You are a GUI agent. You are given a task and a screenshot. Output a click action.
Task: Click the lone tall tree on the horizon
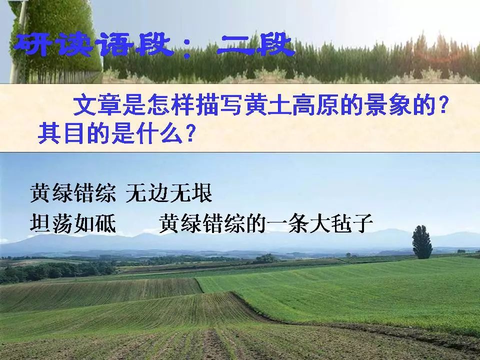422,242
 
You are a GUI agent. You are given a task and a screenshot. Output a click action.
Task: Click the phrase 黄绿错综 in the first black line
73,193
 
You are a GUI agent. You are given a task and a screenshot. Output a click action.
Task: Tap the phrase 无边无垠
169,193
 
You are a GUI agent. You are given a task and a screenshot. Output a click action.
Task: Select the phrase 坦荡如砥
73,223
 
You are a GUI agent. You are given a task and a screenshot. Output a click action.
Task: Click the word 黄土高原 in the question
291,105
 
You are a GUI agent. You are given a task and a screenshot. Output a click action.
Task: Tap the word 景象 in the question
389,105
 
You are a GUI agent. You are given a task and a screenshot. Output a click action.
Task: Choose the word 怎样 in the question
171,105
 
